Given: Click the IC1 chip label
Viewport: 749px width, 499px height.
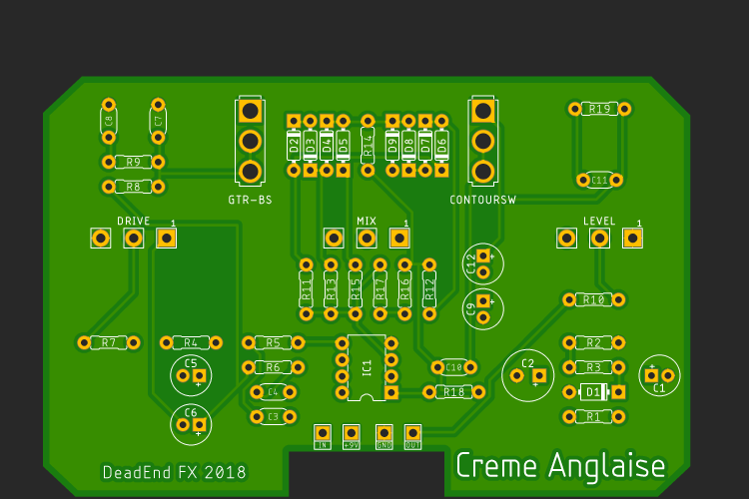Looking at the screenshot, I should [x=368, y=368].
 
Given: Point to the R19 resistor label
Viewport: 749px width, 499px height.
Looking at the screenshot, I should [x=600, y=109].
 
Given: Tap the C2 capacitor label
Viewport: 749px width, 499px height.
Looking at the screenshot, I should [x=528, y=362].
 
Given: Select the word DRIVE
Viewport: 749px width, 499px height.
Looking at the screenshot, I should [x=133, y=221].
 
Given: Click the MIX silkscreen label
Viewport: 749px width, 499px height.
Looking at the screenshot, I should [x=367, y=221].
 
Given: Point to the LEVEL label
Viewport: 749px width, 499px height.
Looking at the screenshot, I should [x=599, y=221].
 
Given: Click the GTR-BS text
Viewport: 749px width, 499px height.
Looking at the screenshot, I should [x=250, y=200].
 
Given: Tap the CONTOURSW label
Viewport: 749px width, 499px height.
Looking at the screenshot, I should [x=483, y=200].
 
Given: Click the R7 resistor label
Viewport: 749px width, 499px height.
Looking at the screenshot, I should [x=109, y=342].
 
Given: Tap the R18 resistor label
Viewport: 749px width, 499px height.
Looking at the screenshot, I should [x=454, y=392].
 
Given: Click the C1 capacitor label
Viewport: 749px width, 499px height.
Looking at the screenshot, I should [x=659, y=389].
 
